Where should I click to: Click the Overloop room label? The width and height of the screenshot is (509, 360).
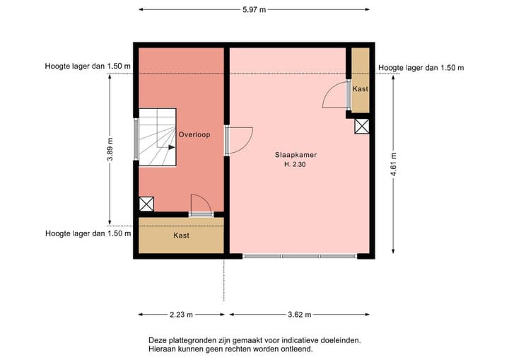coord(194,134)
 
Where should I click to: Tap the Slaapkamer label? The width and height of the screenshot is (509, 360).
coord(296,154)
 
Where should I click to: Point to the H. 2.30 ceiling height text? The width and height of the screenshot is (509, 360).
coord(296,165)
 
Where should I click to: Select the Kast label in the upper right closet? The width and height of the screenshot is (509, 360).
coord(361,89)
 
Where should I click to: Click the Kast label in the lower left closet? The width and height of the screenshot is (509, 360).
coord(182,236)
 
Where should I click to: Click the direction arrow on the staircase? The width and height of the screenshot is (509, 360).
coord(171,148)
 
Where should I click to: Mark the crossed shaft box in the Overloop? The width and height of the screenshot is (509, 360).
coord(146,204)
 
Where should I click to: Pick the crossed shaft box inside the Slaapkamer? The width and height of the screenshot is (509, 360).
coord(362,126)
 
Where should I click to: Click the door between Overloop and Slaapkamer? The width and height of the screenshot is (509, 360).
coord(239,140)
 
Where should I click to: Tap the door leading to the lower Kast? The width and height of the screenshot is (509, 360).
coord(201,204)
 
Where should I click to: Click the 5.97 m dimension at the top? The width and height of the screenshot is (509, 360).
coord(254,10)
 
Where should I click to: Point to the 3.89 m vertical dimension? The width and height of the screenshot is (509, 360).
coord(110,149)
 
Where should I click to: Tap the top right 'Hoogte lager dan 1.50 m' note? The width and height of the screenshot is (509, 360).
coord(421,68)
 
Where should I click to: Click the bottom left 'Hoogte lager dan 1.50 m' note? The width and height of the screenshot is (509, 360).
coord(88,233)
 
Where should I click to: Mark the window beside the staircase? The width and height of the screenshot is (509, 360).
coord(136,139)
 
